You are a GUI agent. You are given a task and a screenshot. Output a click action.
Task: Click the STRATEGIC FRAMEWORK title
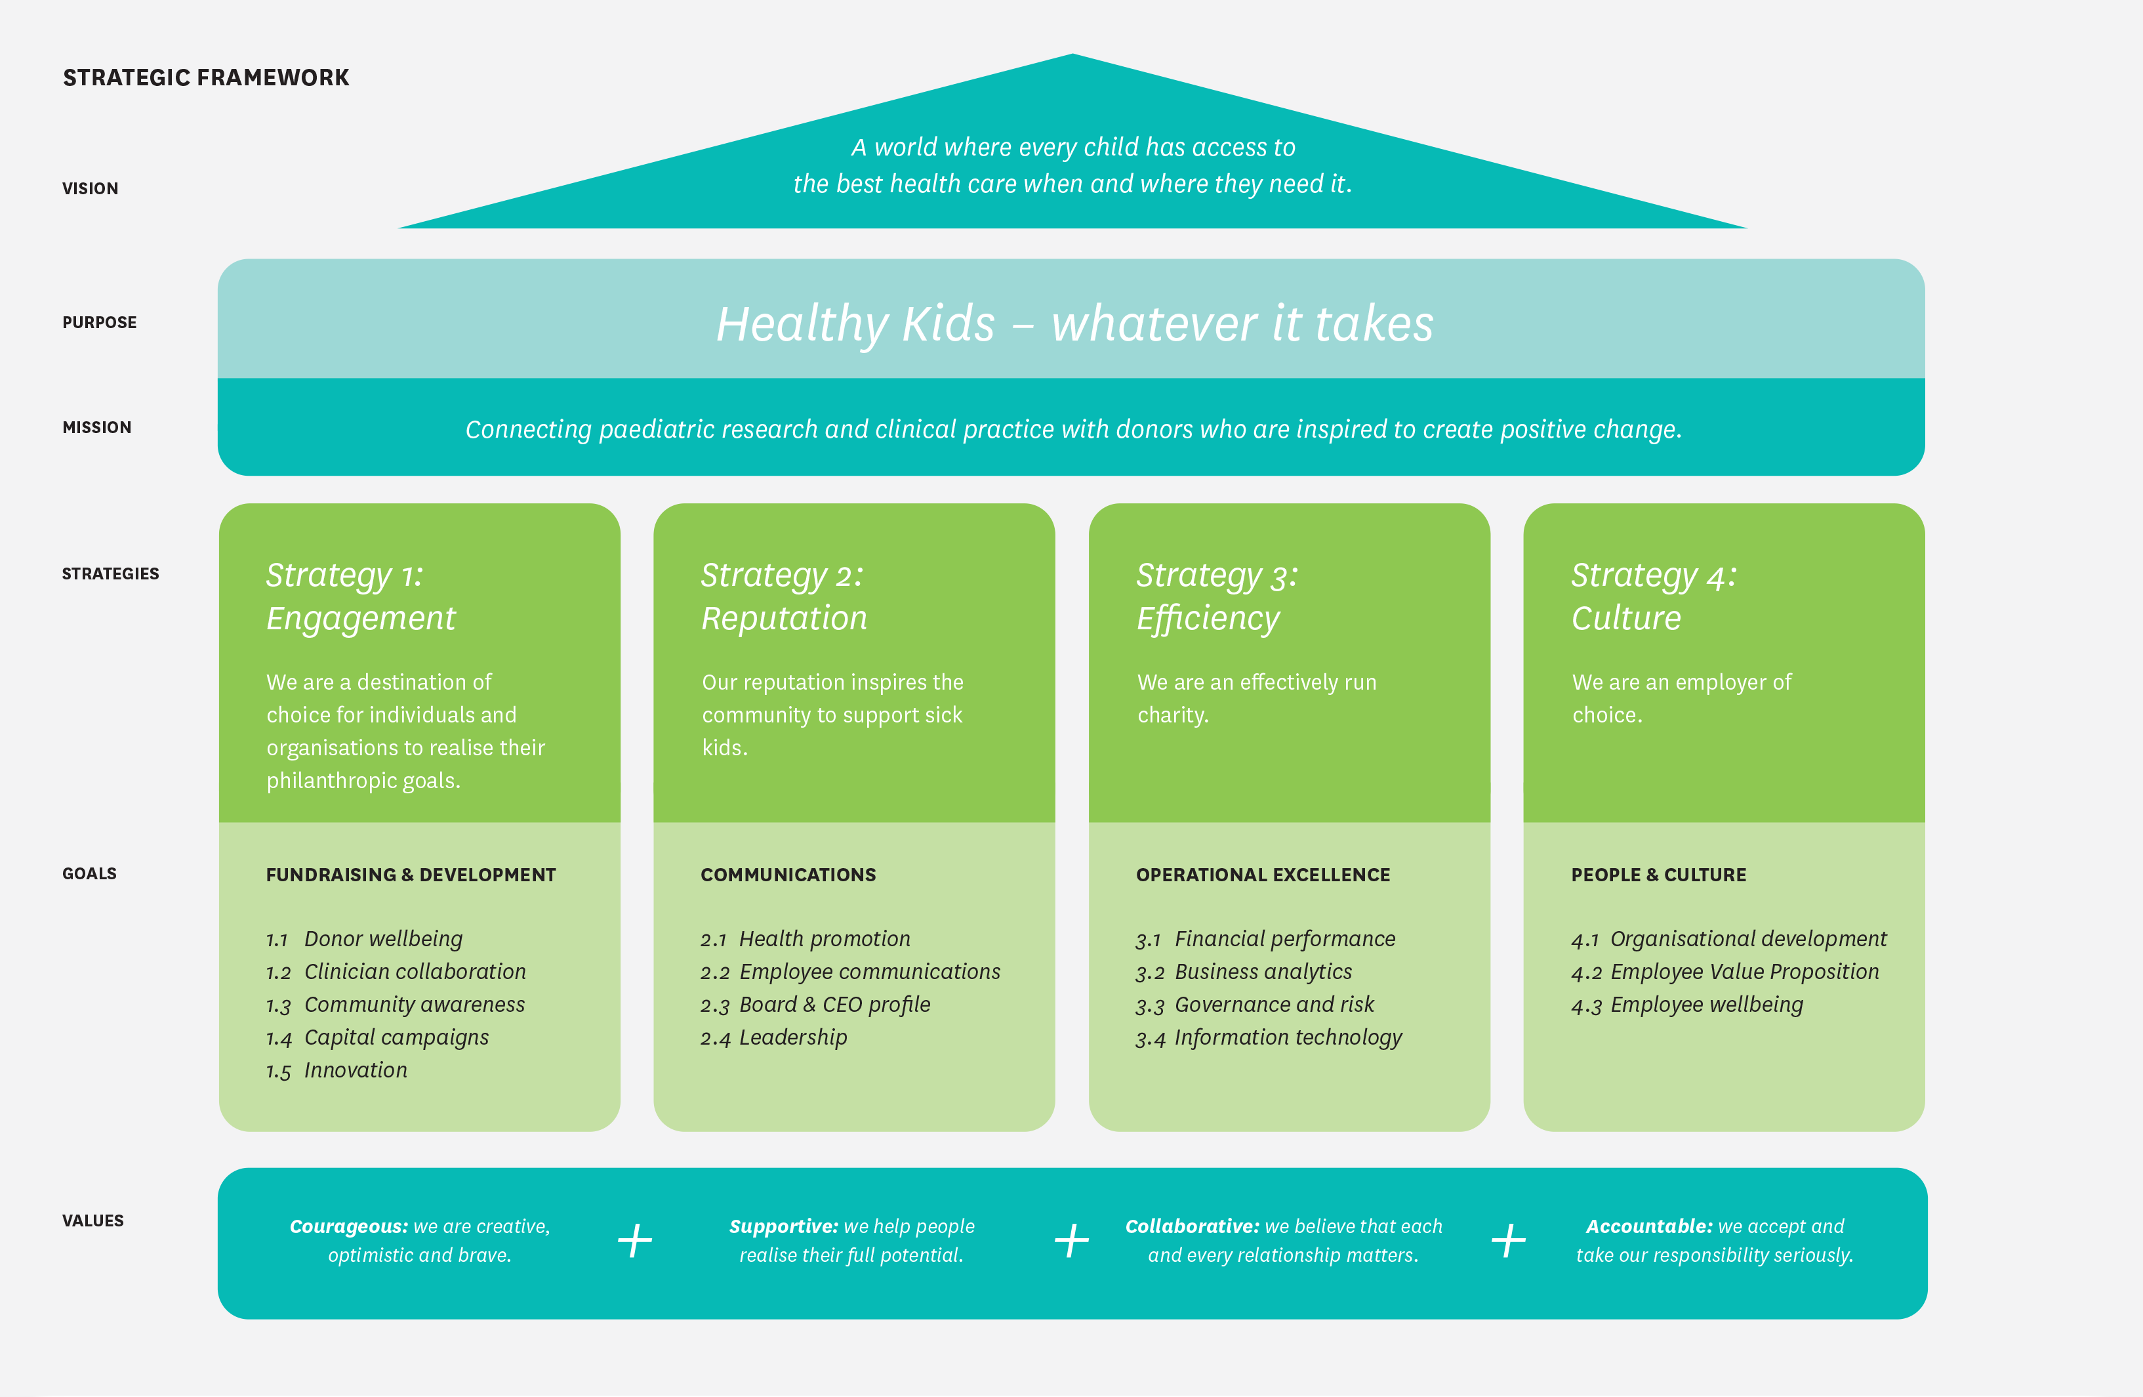click(x=205, y=77)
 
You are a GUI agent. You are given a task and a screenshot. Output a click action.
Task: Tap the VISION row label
click(x=90, y=188)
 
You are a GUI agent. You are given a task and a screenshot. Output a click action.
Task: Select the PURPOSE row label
click(x=99, y=322)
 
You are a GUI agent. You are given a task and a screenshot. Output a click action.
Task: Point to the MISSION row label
click(x=96, y=427)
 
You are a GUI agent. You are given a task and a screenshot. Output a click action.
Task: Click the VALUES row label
click(x=92, y=1220)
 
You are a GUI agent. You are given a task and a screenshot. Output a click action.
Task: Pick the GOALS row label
click(x=89, y=873)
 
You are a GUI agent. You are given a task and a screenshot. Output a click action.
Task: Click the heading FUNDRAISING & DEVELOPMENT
click(x=411, y=875)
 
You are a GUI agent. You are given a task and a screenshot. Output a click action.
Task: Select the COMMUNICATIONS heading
click(x=788, y=875)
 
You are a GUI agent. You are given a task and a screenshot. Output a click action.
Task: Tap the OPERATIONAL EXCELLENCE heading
click(x=1263, y=875)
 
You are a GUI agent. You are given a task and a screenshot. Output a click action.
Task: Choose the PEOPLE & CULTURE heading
click(x=1658, y=875)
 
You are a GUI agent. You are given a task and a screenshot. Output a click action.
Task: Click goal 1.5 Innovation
click(x=337, y=1070)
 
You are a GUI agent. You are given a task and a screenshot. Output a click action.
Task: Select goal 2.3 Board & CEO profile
click(x=815, y=1005)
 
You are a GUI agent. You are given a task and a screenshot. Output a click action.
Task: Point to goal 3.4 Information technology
click(x=1269, y=1037)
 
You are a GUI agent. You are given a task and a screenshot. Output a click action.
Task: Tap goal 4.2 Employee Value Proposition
click(x=1725, y=972)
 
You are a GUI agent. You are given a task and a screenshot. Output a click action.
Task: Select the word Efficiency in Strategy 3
click(x=1208, y=619)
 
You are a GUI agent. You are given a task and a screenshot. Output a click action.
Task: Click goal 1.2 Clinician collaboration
click(x=396, y=972)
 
